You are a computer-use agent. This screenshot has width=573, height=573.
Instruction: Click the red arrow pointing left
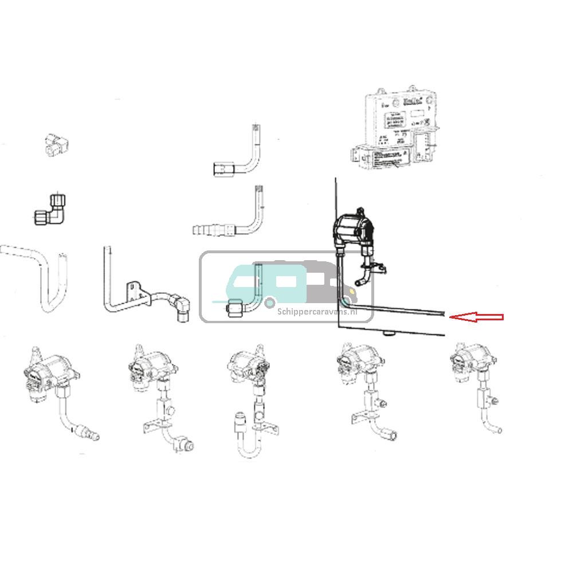pyautogui.click(x=476, y=317)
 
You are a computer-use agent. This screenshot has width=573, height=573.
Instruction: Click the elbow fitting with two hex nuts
pyautogui.click(x=50, y=211)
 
